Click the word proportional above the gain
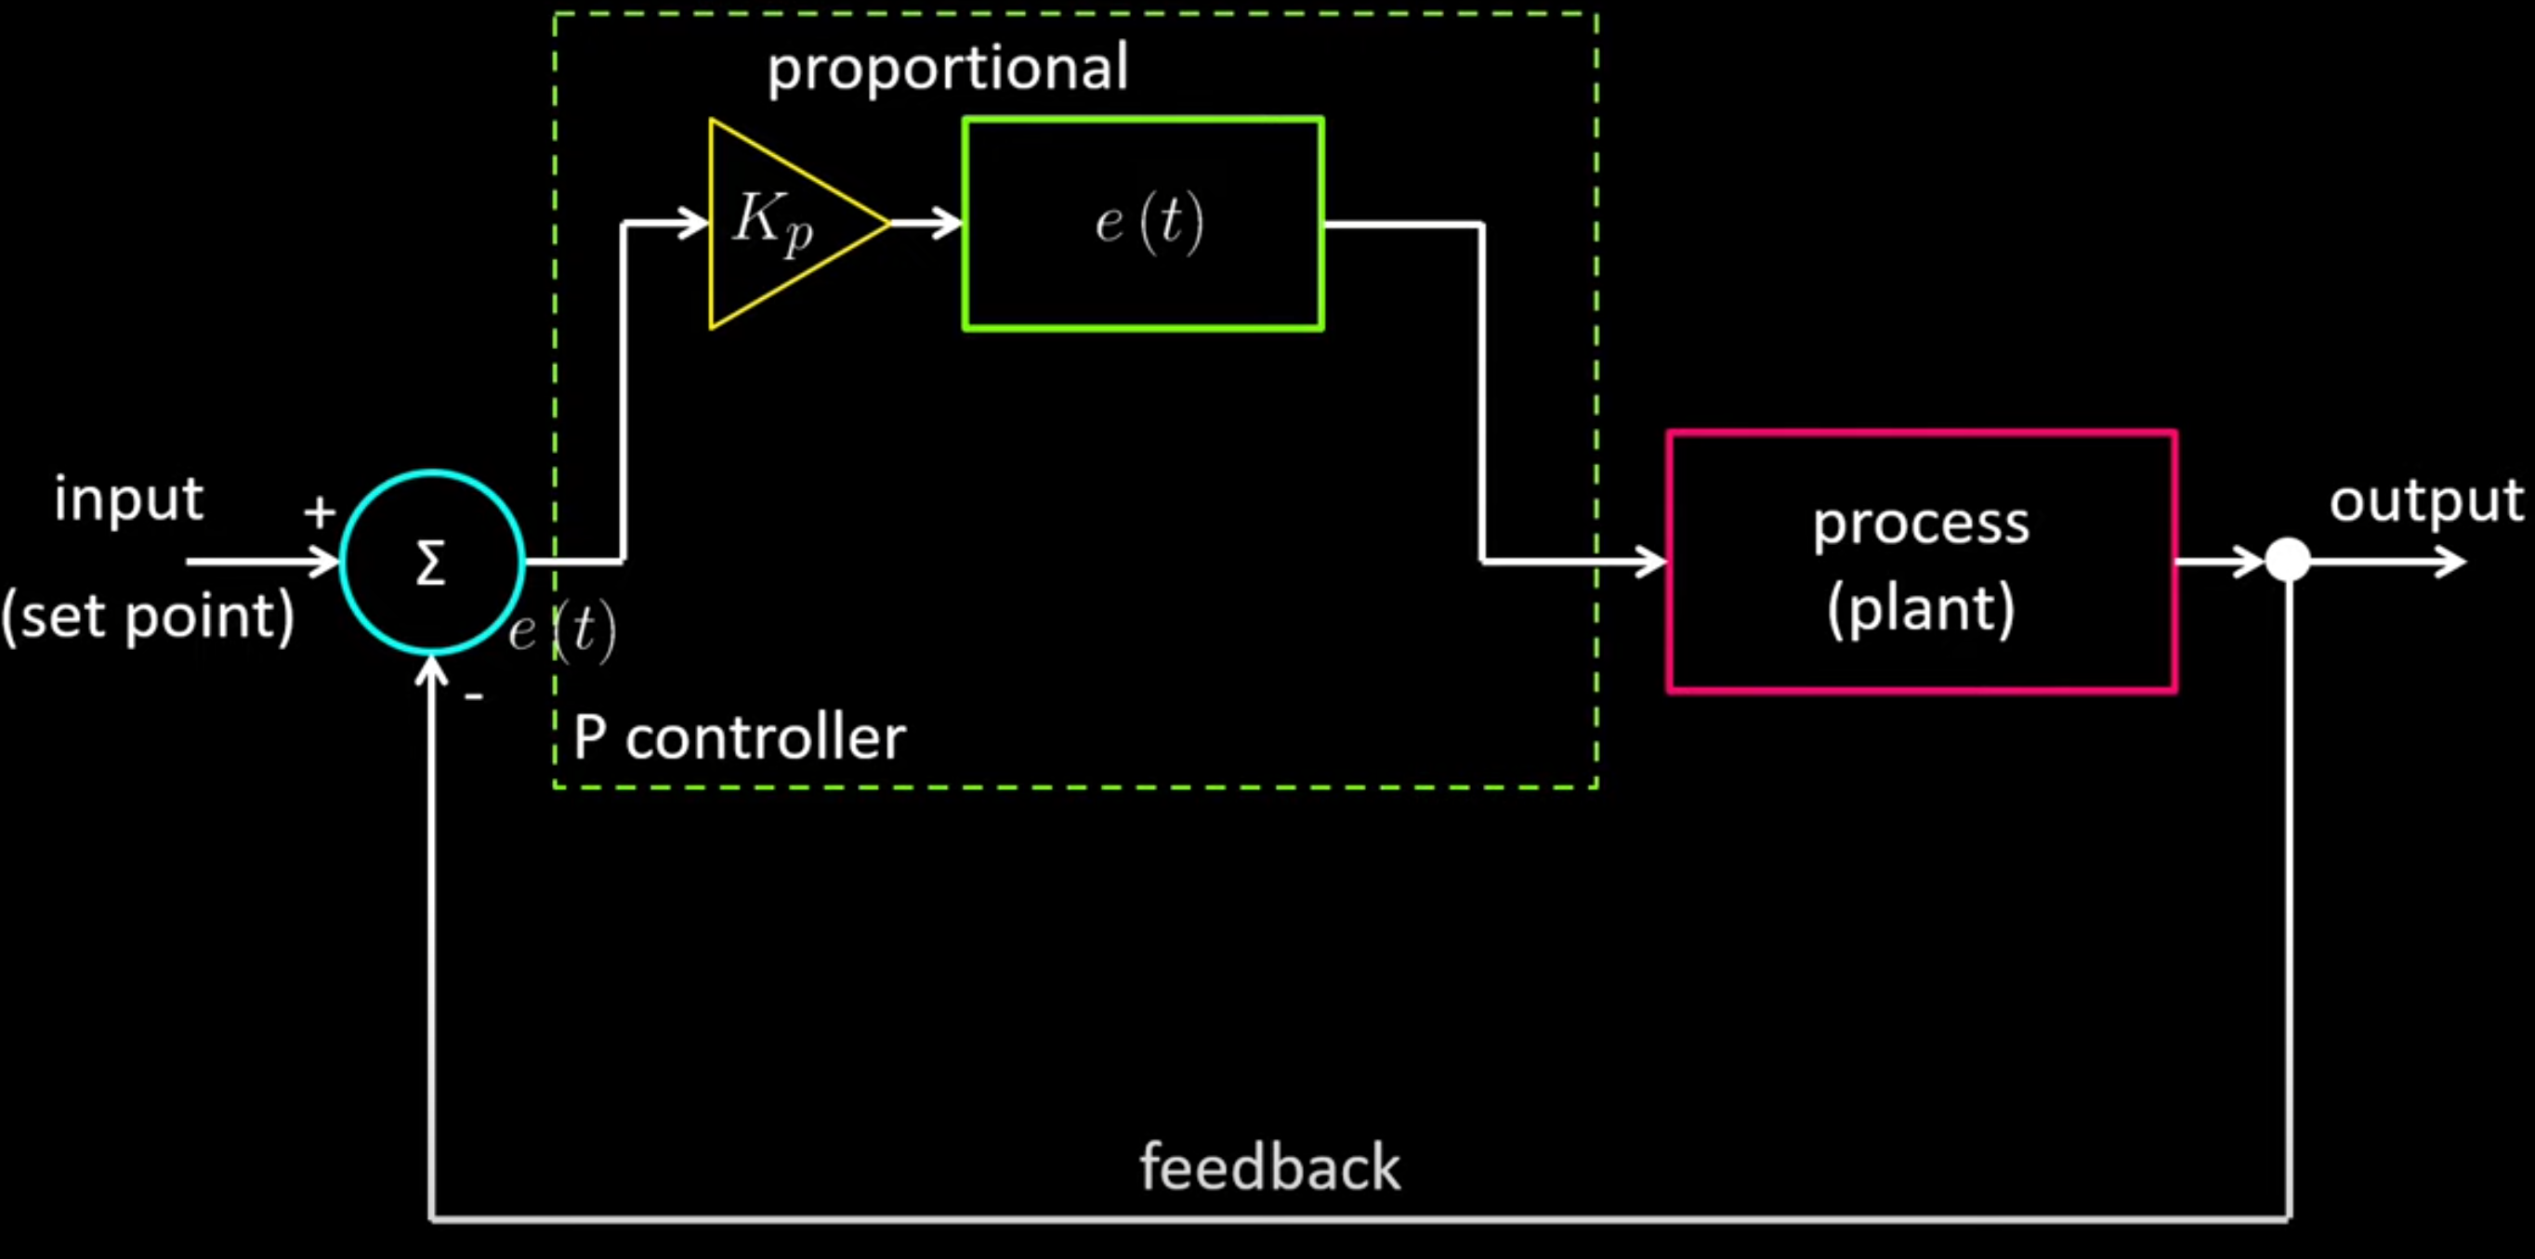pyautogui.click(x=948, y=69)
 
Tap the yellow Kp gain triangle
pyautogui.click(x=778, y=225)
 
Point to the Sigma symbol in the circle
pyautogui.click(x=430, y=564)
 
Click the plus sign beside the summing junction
pyautogui.click(x=319, y=512)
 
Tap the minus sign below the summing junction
pyautogui.click(x=474, y=696)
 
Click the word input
pyautogui.click(x=129, y=500)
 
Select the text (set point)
pyautogui.click(x=148, y=617)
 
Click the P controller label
pyautogui.click(x=739, y=738)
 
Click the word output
pyautogui.click(x=2425, y=501)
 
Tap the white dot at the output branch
pyautogui.click(x=2288, y=561)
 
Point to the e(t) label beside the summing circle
pyautogui.click(x=563, y=630)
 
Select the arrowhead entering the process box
pyautogui.click(x=1651, y=562)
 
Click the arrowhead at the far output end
pyautogui.click(x=2450, y=562)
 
